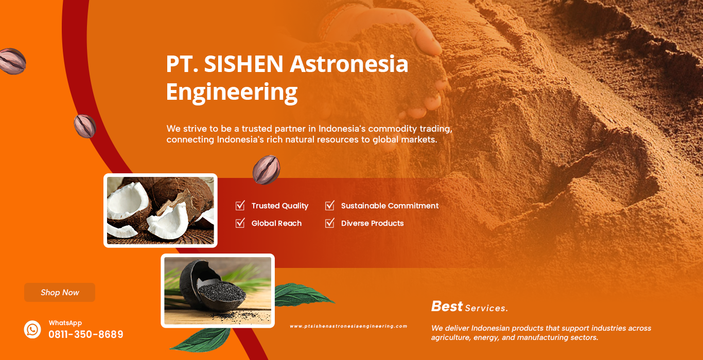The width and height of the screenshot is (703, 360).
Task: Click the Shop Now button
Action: [60, 292]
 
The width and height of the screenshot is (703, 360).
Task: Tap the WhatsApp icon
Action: [32, 329]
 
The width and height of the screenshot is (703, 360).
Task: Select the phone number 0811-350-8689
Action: [85, 334]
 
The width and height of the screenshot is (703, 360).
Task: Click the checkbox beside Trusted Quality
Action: [240, 205]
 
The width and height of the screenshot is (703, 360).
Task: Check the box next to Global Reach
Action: [240, 223]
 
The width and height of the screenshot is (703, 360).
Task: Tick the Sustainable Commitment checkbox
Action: [329, 205]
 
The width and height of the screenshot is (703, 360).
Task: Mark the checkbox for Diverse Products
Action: [329, 223]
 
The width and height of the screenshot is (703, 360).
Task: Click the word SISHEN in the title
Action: [244, 64]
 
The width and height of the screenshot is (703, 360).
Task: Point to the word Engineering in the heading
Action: [232, 92]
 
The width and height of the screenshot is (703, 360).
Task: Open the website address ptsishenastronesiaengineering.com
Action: [348, 326]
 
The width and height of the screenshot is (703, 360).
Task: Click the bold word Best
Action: [447, 306]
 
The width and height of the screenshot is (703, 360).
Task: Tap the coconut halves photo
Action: [161, 210]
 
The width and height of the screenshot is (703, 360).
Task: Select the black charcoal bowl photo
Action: [218, 291]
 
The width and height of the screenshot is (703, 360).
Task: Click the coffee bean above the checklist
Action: [267, 170]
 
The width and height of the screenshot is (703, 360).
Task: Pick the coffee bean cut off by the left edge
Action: [12, 61]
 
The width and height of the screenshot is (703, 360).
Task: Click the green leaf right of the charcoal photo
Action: [303, 295]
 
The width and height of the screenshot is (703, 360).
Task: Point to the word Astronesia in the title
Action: [349, 64]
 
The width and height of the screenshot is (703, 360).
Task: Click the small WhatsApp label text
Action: [65, 323]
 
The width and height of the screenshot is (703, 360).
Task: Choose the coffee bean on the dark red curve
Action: [85, 127]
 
